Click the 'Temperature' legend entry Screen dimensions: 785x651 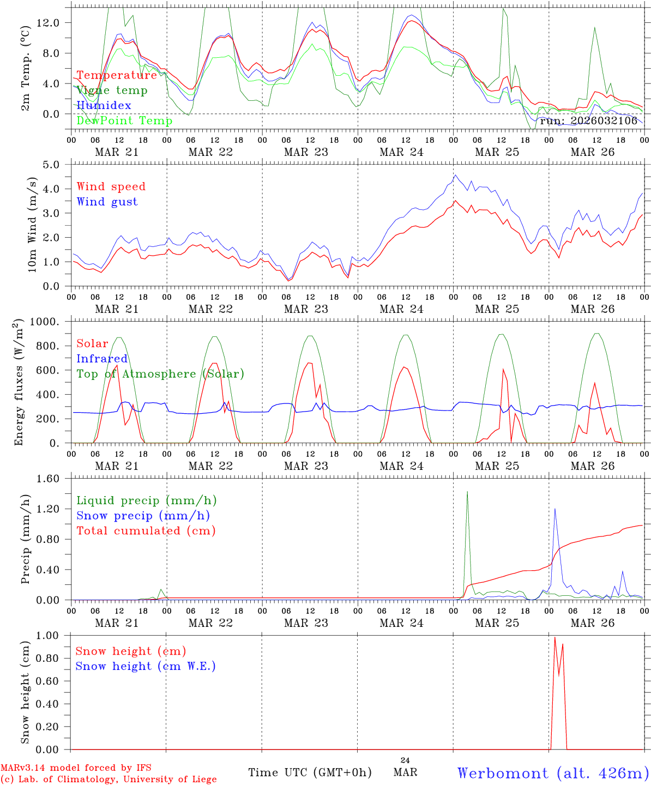[x=117, y=75]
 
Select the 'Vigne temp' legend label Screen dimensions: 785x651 [x=112, y=90]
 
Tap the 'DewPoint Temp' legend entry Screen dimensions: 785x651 [x=124, y=121]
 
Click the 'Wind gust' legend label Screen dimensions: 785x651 [x=107, y=202]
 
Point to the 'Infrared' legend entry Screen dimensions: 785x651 [x=102, y=359]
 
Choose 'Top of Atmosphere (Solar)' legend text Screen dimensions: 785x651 [x=160, y=374]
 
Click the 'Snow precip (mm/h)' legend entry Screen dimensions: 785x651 [x=143, y=516]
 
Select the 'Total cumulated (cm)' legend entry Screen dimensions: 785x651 [x=146, y=531]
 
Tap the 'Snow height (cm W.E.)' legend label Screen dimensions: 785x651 [x=146, y=666]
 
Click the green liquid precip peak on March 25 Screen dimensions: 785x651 [x=467, y=492]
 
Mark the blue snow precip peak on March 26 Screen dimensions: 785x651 [x=555, y=509]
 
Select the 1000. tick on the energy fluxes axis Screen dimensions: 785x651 [x=50, y=322]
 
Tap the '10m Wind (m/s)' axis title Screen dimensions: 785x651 [x=32, y=224]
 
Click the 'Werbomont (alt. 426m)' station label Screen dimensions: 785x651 [x=553, y=773]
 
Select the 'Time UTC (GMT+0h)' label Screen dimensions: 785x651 [x=310, y=772]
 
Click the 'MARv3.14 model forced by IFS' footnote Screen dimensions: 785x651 [x=76, y=768]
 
